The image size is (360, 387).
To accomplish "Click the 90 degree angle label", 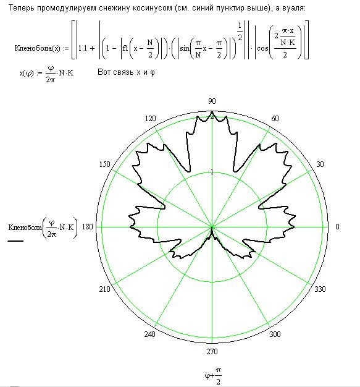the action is tap(212, 101).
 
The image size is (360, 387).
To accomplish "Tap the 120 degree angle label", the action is tap(151, 119).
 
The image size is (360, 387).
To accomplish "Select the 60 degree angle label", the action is tap(275, 119).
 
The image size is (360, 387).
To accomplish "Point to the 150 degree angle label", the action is tap(105, 164).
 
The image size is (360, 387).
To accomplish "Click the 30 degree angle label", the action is tap(320, 164).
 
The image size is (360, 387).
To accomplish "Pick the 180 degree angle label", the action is tap(87, 226).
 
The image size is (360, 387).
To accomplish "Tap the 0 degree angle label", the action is tap(337, 226).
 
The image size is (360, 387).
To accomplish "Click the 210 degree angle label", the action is tap(105, 289).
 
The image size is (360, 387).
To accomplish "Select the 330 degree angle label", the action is tap(320, 289).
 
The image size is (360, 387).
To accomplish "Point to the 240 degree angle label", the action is tap(150, 334).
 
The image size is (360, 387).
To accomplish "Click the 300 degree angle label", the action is tap(275, 334).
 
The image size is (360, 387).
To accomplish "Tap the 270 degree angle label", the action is tap(212, 352).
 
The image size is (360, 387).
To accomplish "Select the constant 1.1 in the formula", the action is tap(83, 48).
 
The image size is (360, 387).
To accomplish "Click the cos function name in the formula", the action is tap(262, 48).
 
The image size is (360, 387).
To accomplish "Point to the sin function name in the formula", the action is tap(185, 48).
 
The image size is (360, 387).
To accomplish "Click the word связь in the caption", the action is tap(127, 72).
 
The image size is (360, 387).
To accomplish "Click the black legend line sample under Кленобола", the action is tap(15, 240).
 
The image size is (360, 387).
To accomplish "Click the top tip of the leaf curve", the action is tap(212, 111).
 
